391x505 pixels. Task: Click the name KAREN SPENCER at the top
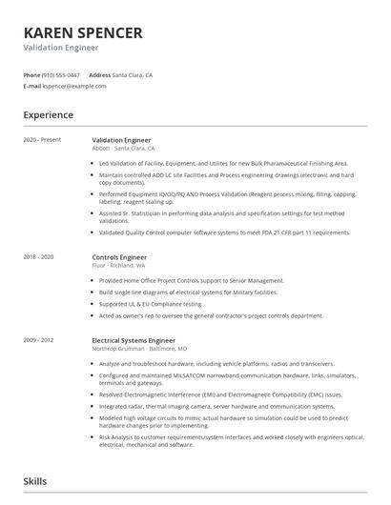pos(83,32)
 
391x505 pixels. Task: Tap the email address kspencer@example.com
pos(74,86)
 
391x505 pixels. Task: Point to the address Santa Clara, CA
pos(133,74)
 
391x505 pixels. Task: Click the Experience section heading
pos(48,115)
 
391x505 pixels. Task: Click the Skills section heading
pos(35,482)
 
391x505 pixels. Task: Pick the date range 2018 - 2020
pos(38,257)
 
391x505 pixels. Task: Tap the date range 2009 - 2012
pos(38,340)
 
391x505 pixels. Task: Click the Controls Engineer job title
pos(119,257)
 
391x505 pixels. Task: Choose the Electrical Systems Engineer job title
pos(134,340)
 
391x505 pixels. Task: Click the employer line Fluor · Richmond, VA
pos(118,265)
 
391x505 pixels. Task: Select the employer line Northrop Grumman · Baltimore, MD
pos(139,348)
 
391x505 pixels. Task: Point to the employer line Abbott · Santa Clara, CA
pos(124,148)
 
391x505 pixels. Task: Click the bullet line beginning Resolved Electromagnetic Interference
pos(219,393)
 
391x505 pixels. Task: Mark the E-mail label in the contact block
pos(31,86)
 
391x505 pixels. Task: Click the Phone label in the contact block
pos(31,74)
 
